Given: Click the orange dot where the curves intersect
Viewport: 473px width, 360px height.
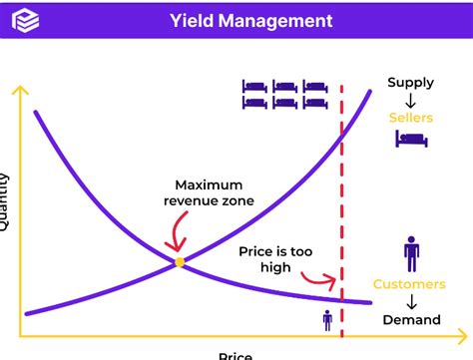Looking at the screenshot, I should tap(180, 262).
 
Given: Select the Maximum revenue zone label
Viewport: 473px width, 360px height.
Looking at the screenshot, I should tap(209, 193).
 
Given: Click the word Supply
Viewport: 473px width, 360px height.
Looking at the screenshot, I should tap(411, 83).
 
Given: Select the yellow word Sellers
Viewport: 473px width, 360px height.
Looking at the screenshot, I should tap(411, 118).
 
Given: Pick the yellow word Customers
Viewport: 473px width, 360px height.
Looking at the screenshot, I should tap(409, 284).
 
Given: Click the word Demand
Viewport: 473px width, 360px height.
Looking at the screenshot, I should tap(410, 320).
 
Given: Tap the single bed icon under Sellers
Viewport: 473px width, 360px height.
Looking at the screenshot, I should tap(411, 140).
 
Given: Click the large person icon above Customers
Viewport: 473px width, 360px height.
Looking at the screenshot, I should tap(411, 253).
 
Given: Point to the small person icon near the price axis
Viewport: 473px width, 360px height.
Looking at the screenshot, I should tap(327, 320).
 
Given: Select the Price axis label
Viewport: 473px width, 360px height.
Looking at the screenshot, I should tap(236, 354).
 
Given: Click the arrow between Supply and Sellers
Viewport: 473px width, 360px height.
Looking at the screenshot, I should tap(411, 100).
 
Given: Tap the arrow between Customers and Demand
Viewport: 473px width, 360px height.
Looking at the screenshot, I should tap(411, 302).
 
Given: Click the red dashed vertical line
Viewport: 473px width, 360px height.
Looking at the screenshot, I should tap(342, 199).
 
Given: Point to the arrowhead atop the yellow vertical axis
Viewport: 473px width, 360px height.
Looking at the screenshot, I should tap(17, 91).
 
